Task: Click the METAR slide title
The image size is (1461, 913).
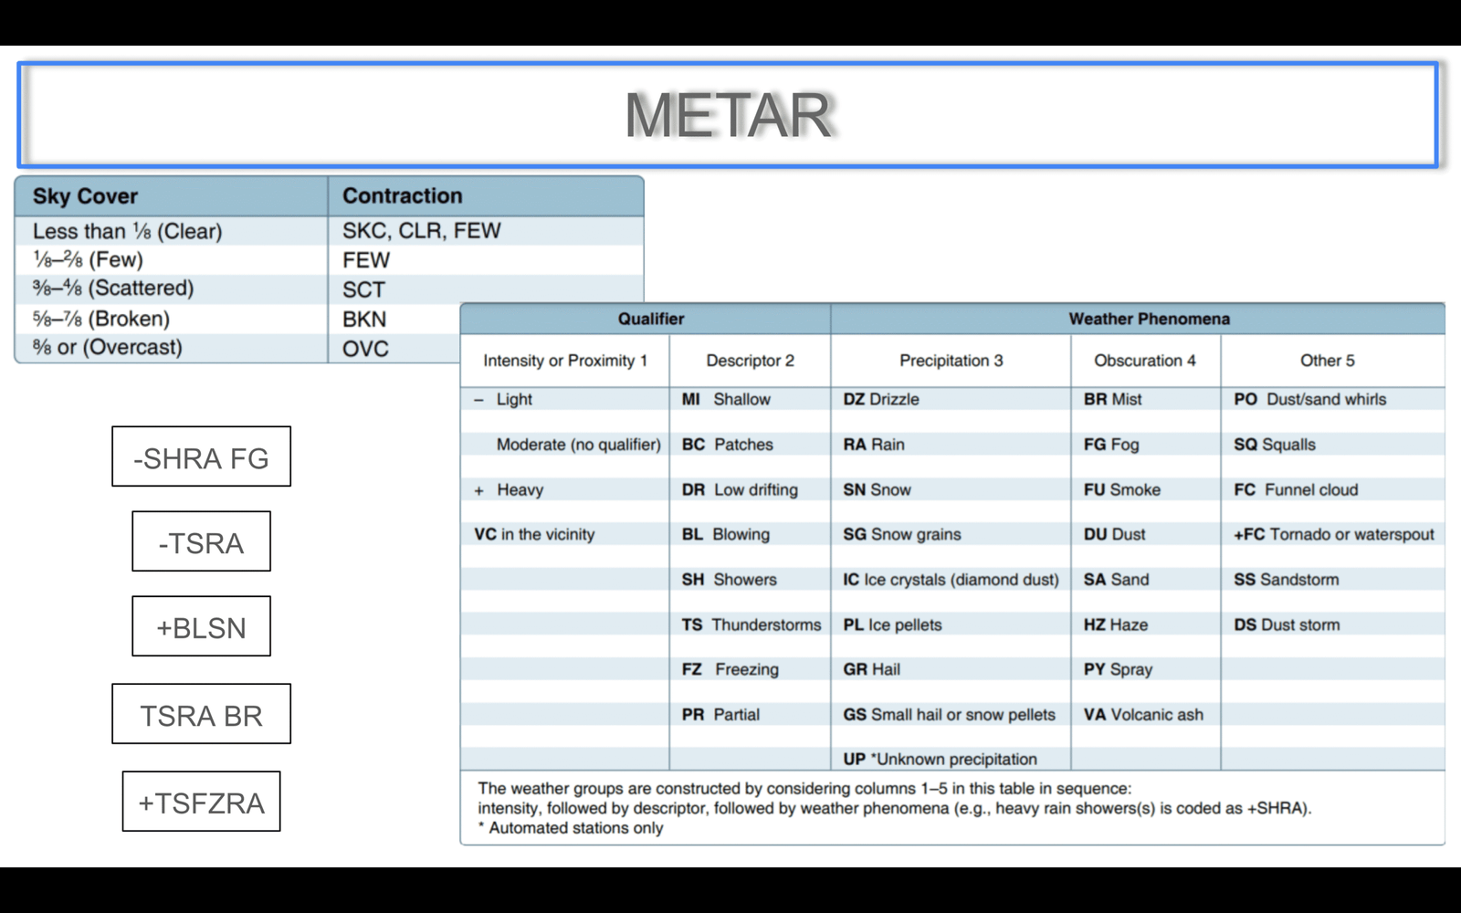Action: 728,115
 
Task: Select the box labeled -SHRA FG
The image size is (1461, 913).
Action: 201,456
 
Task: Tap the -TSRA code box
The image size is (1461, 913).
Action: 201,542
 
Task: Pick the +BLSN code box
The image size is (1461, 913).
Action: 201,627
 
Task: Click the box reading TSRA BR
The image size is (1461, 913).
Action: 201,715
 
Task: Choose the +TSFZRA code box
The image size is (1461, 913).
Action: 201,803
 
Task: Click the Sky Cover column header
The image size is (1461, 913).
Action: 85,196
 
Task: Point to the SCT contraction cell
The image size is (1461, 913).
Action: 363,289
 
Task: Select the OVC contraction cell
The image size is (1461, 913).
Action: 365,349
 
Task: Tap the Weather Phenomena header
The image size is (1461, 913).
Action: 1149,319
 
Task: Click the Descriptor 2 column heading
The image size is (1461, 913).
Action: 750,361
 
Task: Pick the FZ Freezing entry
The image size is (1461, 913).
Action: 730,669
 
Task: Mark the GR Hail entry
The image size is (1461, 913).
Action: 871,669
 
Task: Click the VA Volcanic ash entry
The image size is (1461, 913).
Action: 1143,714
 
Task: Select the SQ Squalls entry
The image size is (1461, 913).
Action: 1275,445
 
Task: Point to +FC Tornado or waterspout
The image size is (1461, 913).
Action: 1333,534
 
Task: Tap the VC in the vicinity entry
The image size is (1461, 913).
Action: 534,534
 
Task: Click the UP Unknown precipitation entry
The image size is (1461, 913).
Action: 940,759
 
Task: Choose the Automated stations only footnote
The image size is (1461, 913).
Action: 572,828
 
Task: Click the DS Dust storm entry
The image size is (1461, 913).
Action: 1287,624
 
